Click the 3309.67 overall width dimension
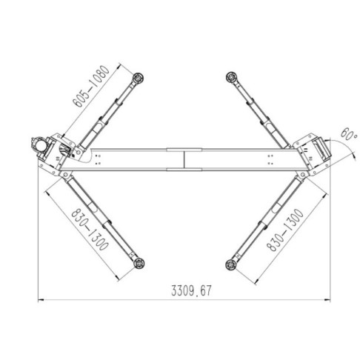pos(191,290)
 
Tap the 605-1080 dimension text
pos(91,87)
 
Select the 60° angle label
pos(349,134)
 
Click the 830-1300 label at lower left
pos(90,230)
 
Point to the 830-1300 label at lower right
pos(284,230)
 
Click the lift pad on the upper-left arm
pos(139,78)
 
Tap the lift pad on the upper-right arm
pos(231,77)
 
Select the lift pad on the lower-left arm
pos(139,263)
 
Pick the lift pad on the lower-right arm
pos(231,264)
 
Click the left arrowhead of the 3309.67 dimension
pos(41,300)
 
